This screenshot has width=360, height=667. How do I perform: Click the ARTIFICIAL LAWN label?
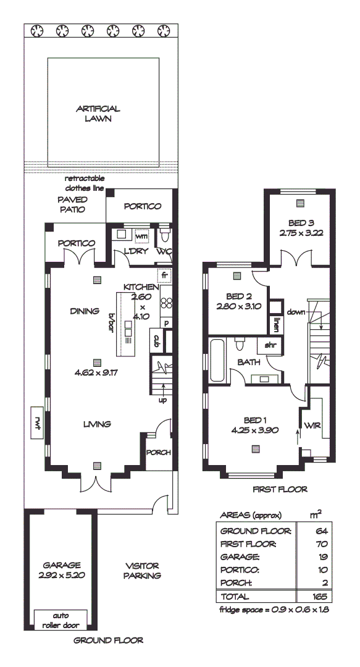(x=98, y=114)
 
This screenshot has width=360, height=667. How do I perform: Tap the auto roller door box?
(x=61, y=619)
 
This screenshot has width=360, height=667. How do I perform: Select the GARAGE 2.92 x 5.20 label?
(x=62, y=570)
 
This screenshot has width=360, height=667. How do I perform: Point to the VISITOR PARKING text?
(x=143, y=571)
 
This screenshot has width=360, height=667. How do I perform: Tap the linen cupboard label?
(x=276, y=322)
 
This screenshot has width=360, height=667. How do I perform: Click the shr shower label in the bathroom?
(x=270, y=345)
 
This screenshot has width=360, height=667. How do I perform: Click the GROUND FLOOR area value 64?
(x=321, y=531)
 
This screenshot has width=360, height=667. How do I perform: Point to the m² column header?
(x=315, y=514)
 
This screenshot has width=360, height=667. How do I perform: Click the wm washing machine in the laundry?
(x=141, y=236)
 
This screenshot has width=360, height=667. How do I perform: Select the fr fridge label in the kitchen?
(x=165, y=274)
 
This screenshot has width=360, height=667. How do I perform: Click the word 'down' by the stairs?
(x=296, y=312)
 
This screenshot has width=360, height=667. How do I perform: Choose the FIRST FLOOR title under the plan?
(x=280, y=489)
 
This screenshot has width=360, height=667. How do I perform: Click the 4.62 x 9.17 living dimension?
(x=97, y=372)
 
